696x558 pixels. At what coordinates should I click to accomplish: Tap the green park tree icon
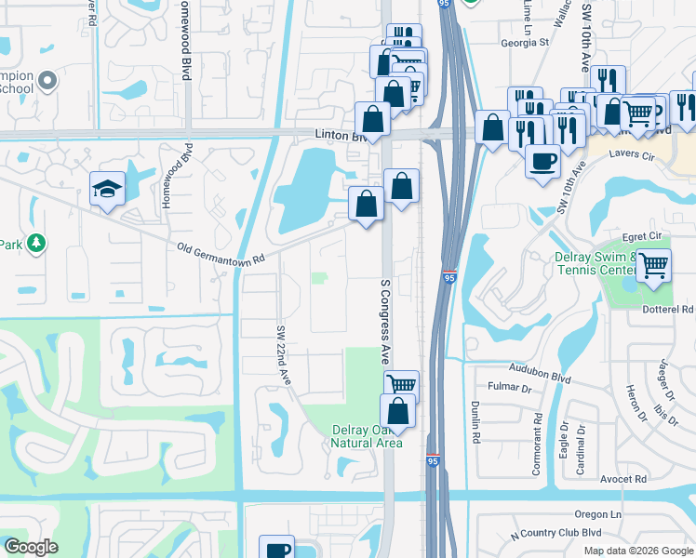click(x=36, y=244)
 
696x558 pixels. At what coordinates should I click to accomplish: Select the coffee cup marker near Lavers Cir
click(x=542, y=159)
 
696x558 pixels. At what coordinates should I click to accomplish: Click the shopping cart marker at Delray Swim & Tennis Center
click(x=653, y=265)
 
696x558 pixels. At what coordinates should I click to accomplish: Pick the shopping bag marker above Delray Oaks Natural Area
click(x=397, y=409)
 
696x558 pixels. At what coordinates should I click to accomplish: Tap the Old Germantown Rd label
click(x=222, y=253)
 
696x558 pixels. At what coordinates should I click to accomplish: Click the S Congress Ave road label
click(x=384, y=321)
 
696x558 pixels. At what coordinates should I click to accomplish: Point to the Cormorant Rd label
click(x=537, y=445)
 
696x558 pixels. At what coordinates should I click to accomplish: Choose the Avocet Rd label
click(x=622, y=480)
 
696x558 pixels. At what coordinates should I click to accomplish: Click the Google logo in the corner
click(x=31, y=547)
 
